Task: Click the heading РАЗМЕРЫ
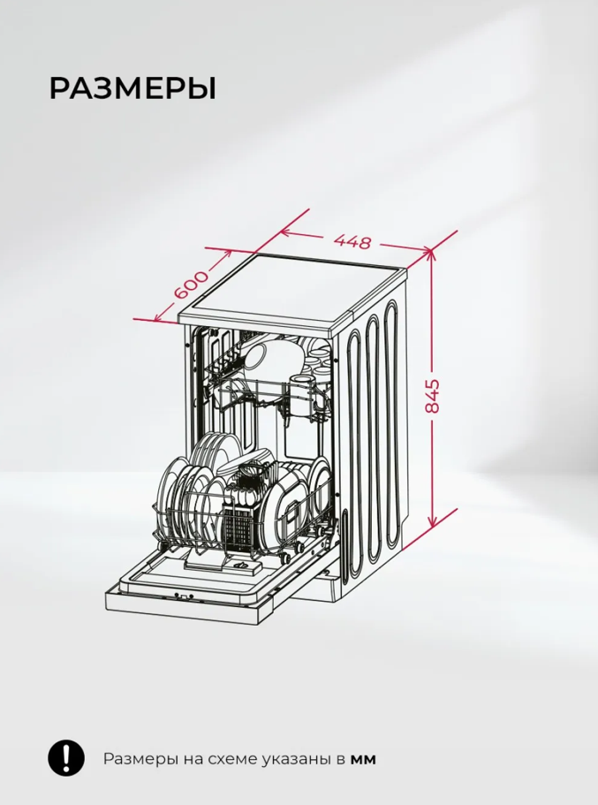click(x=132, y=88)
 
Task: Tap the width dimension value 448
click(x=352, y=240)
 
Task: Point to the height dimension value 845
click(x=433, y=396)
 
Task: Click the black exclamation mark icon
click(x=66, y=758)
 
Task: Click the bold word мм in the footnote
click(x=363, y=759)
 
